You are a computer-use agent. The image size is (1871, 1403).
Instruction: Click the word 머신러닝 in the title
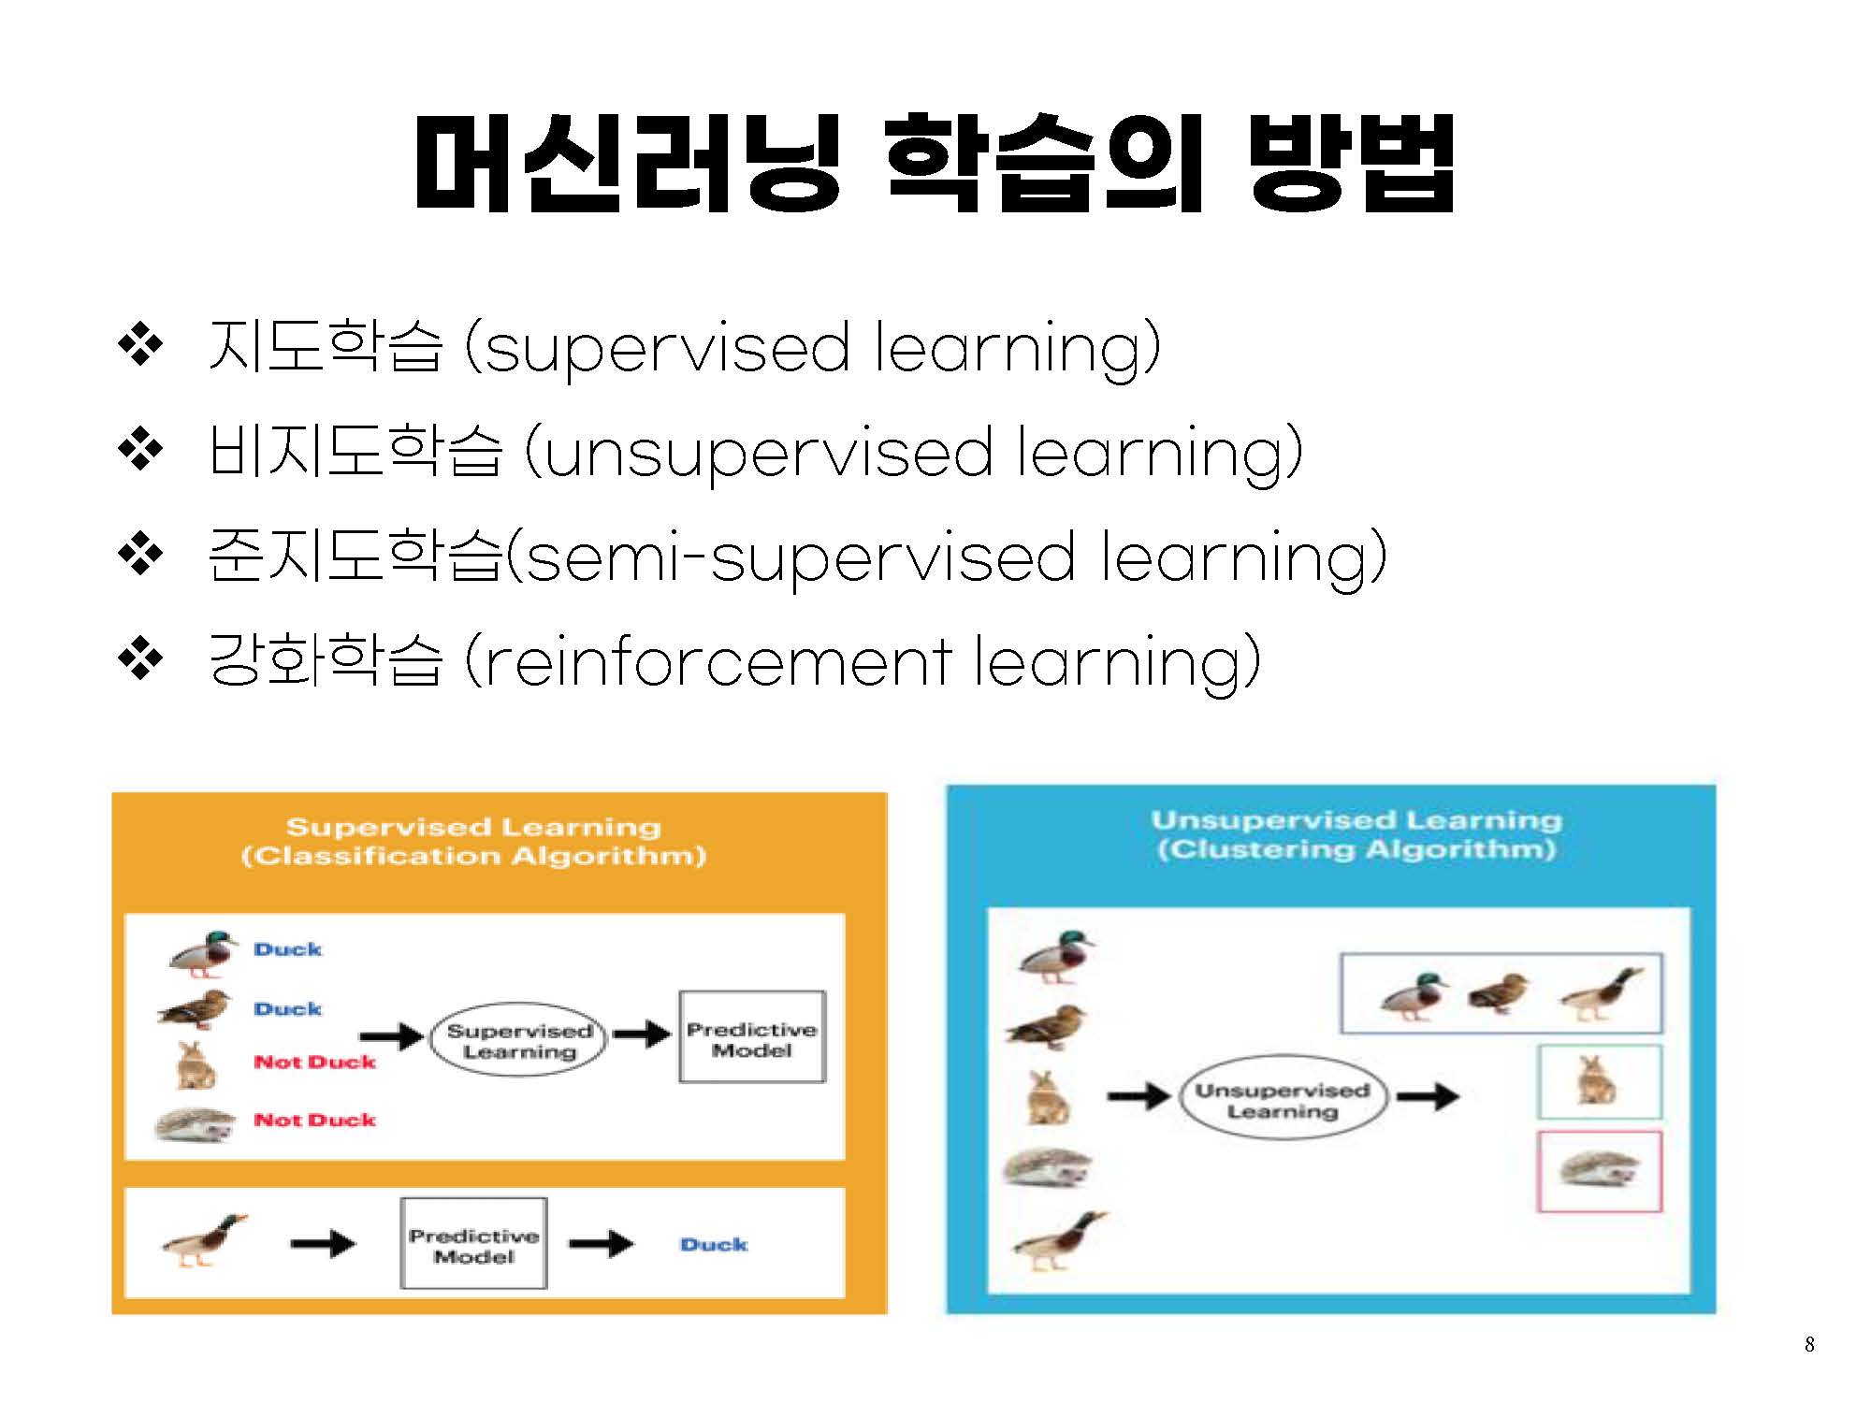[628, 163]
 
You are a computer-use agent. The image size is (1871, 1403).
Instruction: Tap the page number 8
[1809, 1344]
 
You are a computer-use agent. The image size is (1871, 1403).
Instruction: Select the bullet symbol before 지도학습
[140, 345]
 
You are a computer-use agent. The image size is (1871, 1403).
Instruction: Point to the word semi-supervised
[800, 557]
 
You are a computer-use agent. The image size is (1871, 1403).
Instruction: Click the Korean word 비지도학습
[355, 451]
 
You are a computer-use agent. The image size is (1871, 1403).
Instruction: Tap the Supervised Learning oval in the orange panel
[519, 1040]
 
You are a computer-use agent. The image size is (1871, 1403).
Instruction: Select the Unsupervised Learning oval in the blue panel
[1283, 1100]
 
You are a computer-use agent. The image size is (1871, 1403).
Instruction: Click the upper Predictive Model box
[752, 1037]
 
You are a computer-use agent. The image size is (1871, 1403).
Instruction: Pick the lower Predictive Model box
[473, 1244]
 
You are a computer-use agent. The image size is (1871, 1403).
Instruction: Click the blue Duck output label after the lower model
[714, 1245]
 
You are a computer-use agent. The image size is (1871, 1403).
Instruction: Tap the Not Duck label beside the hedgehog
[314, 1120]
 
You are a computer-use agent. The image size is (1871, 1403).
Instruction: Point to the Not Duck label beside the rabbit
[314, 1062]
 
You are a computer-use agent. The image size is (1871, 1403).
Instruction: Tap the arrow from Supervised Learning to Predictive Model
[643, 1034]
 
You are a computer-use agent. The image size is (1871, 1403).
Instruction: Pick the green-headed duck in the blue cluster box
[1414, 995]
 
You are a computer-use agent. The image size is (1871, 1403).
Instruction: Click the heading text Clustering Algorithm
[1356, 849]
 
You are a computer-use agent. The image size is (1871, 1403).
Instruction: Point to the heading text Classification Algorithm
[473, 856]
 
